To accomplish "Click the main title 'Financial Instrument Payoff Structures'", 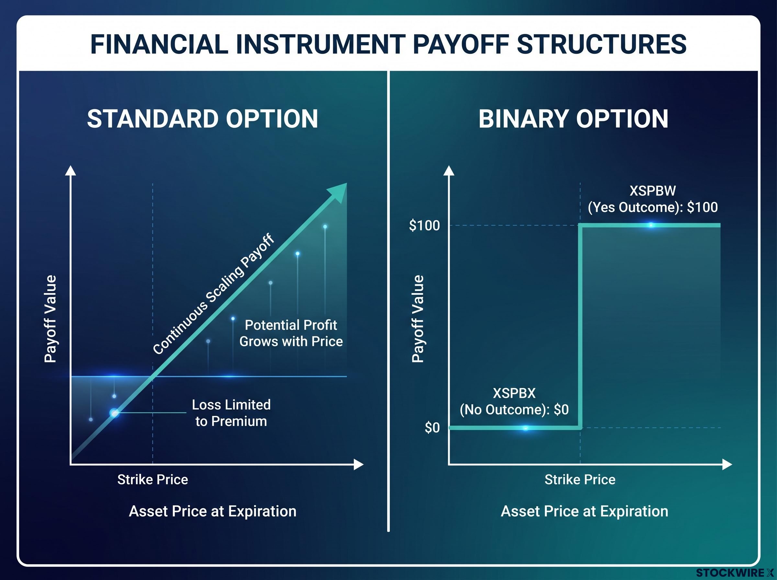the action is coord(388,44).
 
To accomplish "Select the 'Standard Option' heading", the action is coord(203,119).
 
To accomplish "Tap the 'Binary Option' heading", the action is coord(573,119).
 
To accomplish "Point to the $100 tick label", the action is coord(424,225).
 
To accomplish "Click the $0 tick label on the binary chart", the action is coord(432,428).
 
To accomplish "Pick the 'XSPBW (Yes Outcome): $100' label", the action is coord(653,199).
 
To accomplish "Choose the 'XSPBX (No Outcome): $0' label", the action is coord(514,401).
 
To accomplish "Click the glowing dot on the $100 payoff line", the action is coord(651,225).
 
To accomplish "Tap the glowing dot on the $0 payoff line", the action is coord(525,428).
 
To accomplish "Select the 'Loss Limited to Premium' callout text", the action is coord(231,413).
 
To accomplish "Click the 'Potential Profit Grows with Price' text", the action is coord(291,333).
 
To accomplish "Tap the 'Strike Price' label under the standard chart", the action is coord(153,480).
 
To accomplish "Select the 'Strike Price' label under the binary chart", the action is coord(580,480).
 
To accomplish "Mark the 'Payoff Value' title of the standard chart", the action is coord(50,319).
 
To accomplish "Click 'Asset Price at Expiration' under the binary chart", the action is coord(585,511).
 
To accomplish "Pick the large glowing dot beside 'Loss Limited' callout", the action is coord(115,413).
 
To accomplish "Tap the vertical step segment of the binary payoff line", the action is coord(580,327).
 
